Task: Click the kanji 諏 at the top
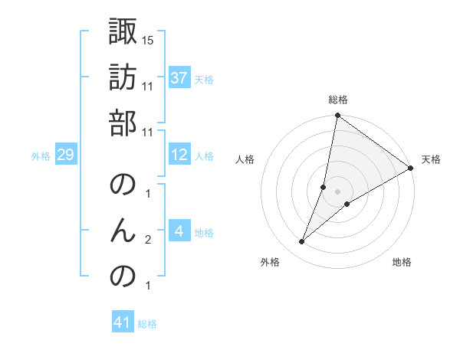tap(123, 32)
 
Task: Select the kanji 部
tap(123, 123)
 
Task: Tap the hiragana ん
tap(123, 231)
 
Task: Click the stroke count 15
tap(149, 39)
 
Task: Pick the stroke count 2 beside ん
tap(148, 240)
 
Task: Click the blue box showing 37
tap(179, 78)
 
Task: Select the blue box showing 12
tap(179, 155)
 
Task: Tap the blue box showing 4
tap(179, 231)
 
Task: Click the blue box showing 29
tap(65, 155)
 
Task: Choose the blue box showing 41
tap(123, 323)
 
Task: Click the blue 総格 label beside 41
tap(147, 324)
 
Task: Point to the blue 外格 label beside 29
tap(41, 155)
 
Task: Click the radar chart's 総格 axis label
tap(338, 100)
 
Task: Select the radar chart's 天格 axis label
tap(431, 159)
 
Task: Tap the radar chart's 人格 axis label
tap(245, 159)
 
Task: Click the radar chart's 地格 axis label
tap(402, 262)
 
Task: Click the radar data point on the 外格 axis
tap(302, 242)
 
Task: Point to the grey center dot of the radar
tap(338, 191)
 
